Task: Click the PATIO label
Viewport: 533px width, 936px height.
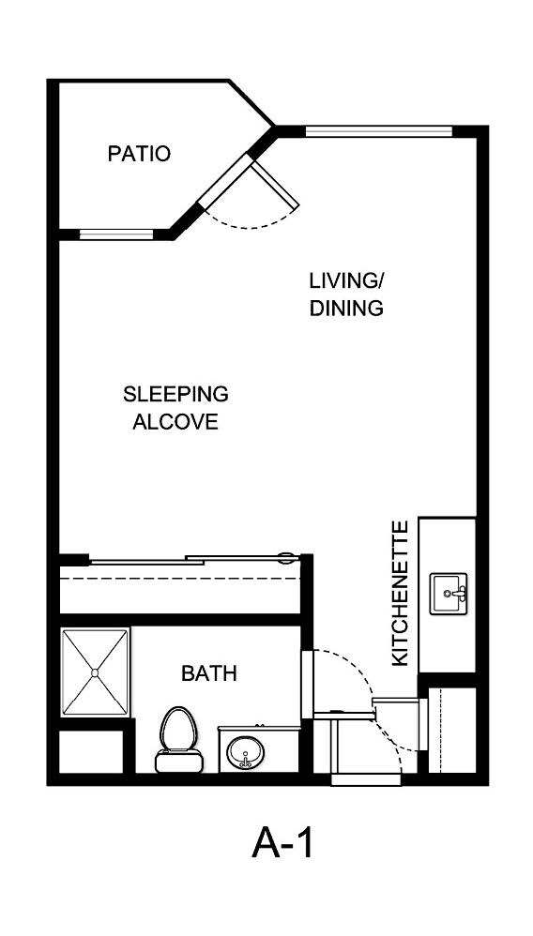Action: tap(139, 153)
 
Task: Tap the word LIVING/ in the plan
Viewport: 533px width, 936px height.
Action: tap(346, 280)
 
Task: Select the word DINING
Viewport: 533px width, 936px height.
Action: tap(346, 308)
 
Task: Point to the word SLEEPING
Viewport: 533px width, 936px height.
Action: tap(175, 393)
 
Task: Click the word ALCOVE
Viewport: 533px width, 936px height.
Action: tap(175, 421)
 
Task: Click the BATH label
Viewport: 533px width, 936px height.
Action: tap(208, 672)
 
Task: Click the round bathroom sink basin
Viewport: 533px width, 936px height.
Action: tap(247, 753)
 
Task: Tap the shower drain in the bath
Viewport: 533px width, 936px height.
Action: tap(94, 672)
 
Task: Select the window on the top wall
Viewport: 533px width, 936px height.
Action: tap(379, 131)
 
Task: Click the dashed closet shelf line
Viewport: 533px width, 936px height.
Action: tap(178, 579)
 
